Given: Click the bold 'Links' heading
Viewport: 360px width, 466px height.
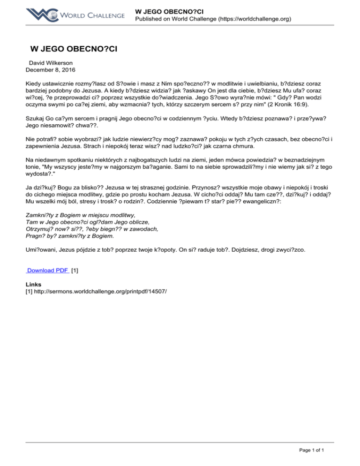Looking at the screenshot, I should [x=33, y=285].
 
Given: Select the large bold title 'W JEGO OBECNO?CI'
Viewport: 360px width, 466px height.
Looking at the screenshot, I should [x=73, y=49].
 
